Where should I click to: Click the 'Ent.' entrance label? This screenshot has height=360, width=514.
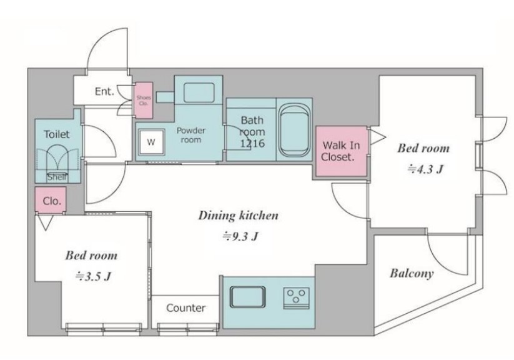point(104,91)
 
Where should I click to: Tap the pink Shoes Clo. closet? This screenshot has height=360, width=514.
point(144,100)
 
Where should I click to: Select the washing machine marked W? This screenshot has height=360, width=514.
point(151,142)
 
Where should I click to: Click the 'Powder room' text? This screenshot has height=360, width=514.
point(190,135)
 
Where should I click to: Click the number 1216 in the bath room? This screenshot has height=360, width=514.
point(252,143)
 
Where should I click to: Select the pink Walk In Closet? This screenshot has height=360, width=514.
point(341,151)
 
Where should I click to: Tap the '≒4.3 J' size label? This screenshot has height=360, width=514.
point(425,169)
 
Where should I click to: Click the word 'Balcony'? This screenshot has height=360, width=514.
point(412,273)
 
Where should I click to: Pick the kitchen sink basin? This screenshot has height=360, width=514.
point(247,297)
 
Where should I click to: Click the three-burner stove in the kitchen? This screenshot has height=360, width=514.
point(296,298)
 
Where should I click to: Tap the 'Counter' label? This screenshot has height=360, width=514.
point(186,308)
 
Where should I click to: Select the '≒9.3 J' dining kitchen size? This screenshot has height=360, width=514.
point(240,236)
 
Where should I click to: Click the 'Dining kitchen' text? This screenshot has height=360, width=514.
point(239,216)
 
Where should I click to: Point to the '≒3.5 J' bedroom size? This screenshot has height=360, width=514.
point(94,276)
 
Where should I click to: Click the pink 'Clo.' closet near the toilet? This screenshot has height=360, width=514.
point(51,200)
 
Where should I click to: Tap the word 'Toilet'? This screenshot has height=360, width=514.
point(57,134)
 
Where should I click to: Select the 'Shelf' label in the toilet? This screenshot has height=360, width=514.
point(57,177)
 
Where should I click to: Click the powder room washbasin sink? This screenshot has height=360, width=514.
point(199,93)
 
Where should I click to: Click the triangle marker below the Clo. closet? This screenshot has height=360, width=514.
point(45,222)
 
